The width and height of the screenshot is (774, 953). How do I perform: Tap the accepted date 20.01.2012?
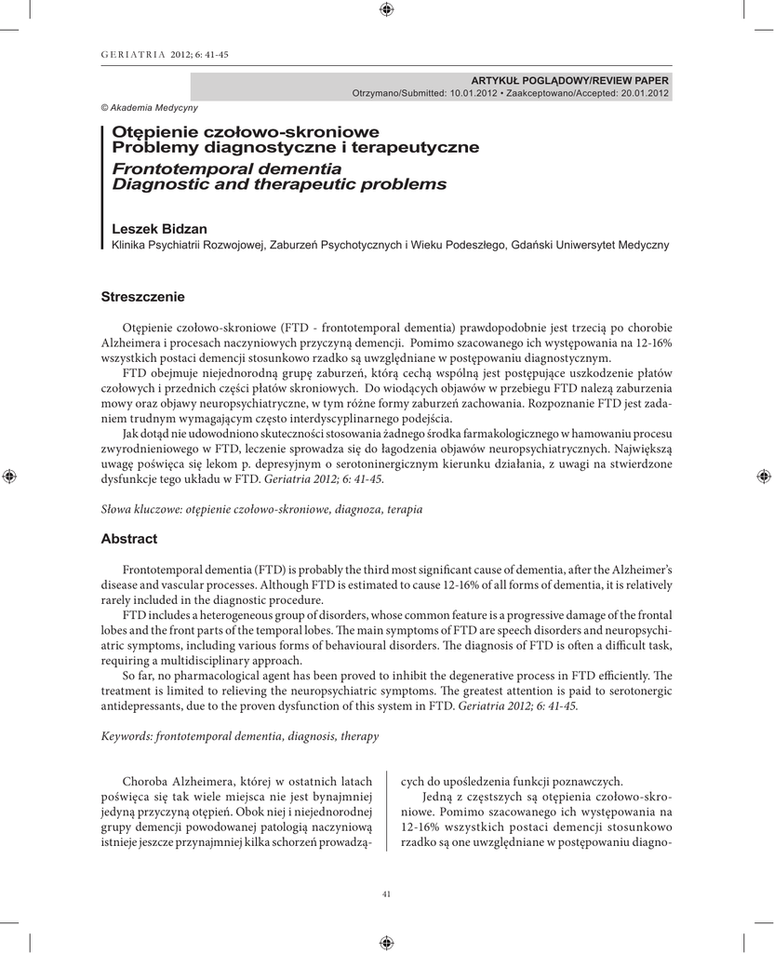tap(637, 93)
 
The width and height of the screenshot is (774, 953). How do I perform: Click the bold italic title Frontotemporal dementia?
tap(226, 168)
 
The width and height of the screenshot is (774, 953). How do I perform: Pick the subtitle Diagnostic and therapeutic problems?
tap(279, 184)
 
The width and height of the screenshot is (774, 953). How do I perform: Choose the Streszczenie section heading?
tap(142, 297)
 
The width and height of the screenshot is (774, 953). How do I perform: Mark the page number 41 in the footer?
tap(387, 894)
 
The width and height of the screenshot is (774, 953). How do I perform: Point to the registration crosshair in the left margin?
tap(9, 476)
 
